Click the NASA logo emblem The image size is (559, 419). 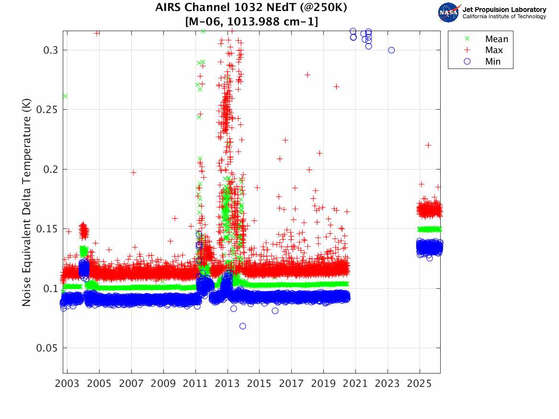pos(449,12)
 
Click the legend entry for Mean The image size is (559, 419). pos(496,39)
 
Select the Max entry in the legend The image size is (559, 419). pos(495,50)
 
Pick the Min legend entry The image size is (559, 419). pos(493,62)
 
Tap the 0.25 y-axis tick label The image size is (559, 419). pos(46,110)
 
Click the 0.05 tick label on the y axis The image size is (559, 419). pos(46,348)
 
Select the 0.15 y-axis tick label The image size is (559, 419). pos(46,229)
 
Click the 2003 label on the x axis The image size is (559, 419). pos(67,384)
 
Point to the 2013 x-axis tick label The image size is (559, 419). pos(228,384)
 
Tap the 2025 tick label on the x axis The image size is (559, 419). pos(420,384)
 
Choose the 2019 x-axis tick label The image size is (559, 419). pos(324,384)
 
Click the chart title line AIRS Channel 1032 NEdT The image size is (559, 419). pos(251,8)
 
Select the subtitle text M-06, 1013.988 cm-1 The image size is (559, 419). pos(251,22)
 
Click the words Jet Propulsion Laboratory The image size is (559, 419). pos(504,10)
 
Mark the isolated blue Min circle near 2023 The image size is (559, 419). pos(391,50)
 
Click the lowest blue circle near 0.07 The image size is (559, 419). pos(243,326)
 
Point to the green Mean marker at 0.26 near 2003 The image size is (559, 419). pos(65,96)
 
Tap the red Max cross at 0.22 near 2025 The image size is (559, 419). pos(428,145)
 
